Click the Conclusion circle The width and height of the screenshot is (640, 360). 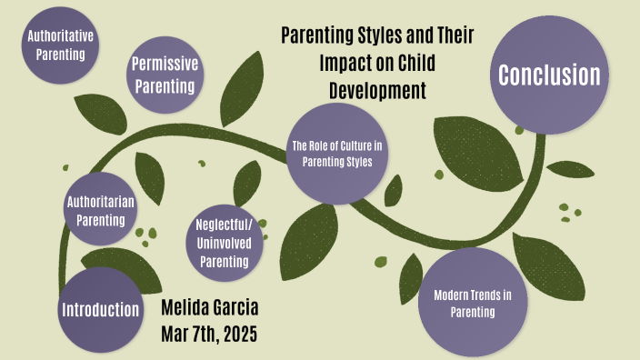549,75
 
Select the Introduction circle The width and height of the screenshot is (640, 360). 100,309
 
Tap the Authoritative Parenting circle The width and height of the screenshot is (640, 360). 61,45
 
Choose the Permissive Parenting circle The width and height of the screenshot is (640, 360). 165,75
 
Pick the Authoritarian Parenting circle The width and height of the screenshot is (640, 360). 100,209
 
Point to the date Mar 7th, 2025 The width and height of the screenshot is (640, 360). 210,335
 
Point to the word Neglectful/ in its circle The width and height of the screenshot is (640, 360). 224,223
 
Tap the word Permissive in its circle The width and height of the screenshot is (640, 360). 165,64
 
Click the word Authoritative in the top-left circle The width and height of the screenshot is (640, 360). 61,37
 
